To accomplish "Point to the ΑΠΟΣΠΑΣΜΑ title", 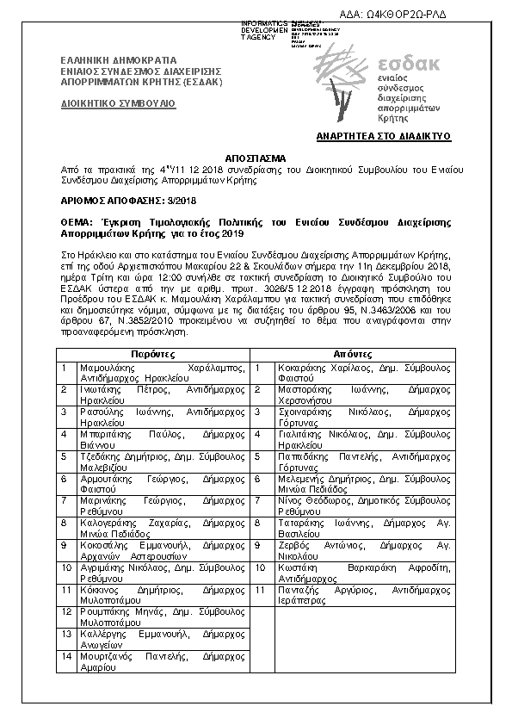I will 256,159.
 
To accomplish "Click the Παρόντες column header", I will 152,355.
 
